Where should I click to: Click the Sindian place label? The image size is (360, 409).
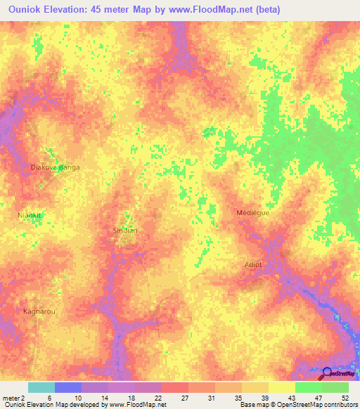124,230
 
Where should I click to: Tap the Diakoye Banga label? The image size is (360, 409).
56,167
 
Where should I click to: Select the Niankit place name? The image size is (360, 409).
30,215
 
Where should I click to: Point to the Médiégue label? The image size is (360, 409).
253,212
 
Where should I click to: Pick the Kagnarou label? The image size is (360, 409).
39,311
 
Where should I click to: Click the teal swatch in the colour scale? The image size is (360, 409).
41,387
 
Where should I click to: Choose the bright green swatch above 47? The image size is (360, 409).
309,387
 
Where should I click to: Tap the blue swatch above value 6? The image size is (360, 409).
68,387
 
